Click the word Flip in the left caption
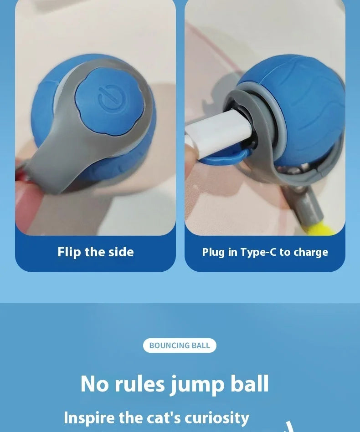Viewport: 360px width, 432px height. [69, 252]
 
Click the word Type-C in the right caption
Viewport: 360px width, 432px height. [258, 252]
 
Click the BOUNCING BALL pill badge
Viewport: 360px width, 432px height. [180, 346]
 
